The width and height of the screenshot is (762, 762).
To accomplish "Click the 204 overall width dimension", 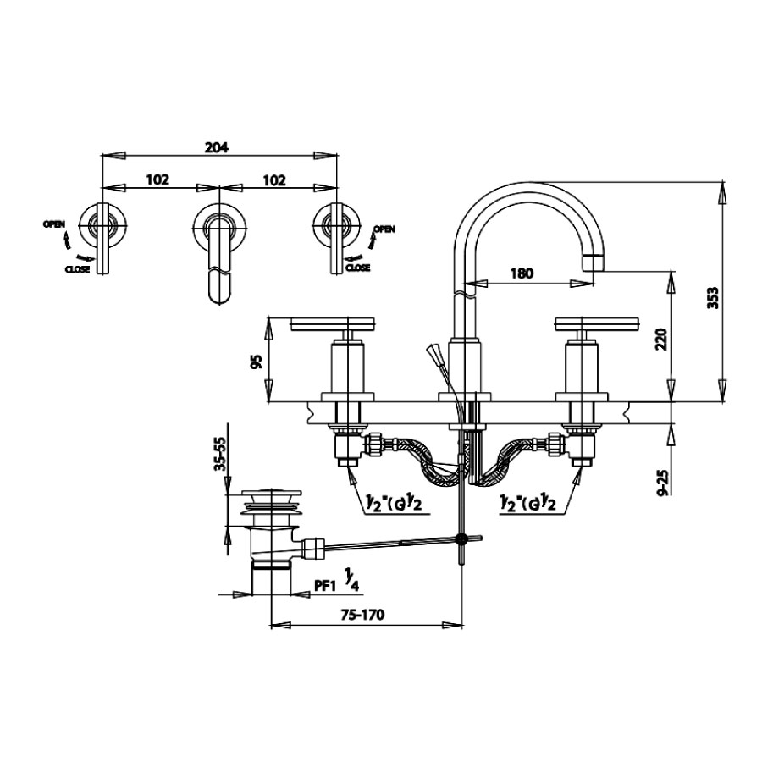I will [x=217, y=146].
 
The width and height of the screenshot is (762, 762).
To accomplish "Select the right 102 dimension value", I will [x=273, y=179].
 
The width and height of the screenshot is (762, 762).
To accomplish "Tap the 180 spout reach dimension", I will [x=522, y=273].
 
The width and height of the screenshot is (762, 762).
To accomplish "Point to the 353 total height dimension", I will [x=713, y=298].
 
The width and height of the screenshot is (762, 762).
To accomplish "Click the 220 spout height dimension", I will [x=661, y=340].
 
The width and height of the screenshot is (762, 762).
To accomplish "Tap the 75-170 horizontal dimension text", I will [x=362, y=615].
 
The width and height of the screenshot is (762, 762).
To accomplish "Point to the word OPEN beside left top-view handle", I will [x=54, y=224].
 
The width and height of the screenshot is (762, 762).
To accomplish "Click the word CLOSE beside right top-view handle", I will [x=356, y=268].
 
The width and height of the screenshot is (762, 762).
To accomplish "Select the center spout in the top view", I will [x=218, y=262].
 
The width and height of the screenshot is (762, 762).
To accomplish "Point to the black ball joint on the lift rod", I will [x=462, y=538].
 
